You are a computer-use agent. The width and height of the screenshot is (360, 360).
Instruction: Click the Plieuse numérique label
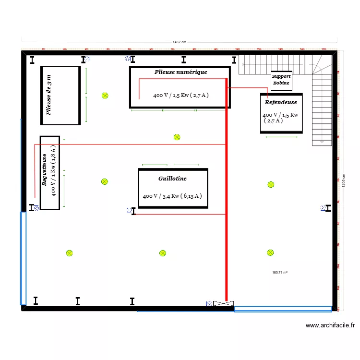[180, 72]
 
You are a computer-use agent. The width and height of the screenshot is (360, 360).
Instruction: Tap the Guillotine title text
[172, 179]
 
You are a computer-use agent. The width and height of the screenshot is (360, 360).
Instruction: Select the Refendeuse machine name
[281, 102]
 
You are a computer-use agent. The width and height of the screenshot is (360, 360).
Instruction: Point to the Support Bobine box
[281, 80]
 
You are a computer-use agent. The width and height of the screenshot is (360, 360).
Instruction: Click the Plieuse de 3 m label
[49, 95]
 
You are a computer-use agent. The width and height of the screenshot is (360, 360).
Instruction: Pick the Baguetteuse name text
[44, 170]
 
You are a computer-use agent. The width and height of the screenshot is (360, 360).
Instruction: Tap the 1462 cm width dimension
[180, 42]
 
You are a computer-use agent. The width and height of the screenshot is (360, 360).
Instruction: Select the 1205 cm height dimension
[344, 180]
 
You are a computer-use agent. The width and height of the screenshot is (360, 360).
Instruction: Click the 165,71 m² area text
[279, 273]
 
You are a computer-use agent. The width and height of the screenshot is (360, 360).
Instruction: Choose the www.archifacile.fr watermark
[330, 325]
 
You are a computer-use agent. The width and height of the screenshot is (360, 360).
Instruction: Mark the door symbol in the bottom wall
[224, 303]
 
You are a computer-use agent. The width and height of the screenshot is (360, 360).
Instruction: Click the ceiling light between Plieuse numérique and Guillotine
[177, 137]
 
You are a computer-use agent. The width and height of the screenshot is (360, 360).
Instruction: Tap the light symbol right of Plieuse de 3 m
[105, 96]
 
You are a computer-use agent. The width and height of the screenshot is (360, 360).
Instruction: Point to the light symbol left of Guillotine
[105, 181]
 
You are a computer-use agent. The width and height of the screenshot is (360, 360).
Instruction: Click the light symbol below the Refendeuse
[271, 184]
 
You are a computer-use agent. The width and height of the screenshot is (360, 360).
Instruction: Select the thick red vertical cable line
[226, 202]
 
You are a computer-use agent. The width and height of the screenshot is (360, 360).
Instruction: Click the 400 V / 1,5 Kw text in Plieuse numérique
[180, 95]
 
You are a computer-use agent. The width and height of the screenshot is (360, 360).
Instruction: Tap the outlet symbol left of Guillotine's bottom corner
[129, 210]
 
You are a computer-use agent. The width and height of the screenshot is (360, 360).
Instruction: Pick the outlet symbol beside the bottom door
[209, 303]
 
